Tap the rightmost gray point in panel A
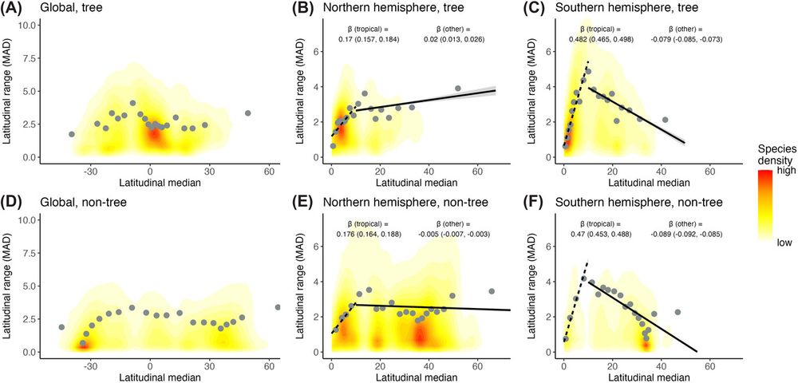tap(248, 113)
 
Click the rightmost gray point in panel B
tap(458, 89)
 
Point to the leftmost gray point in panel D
tap(61, 327)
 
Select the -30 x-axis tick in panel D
tap(90, 365)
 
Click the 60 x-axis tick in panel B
tap(478, 170)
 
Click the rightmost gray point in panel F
tap(678, 312)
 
